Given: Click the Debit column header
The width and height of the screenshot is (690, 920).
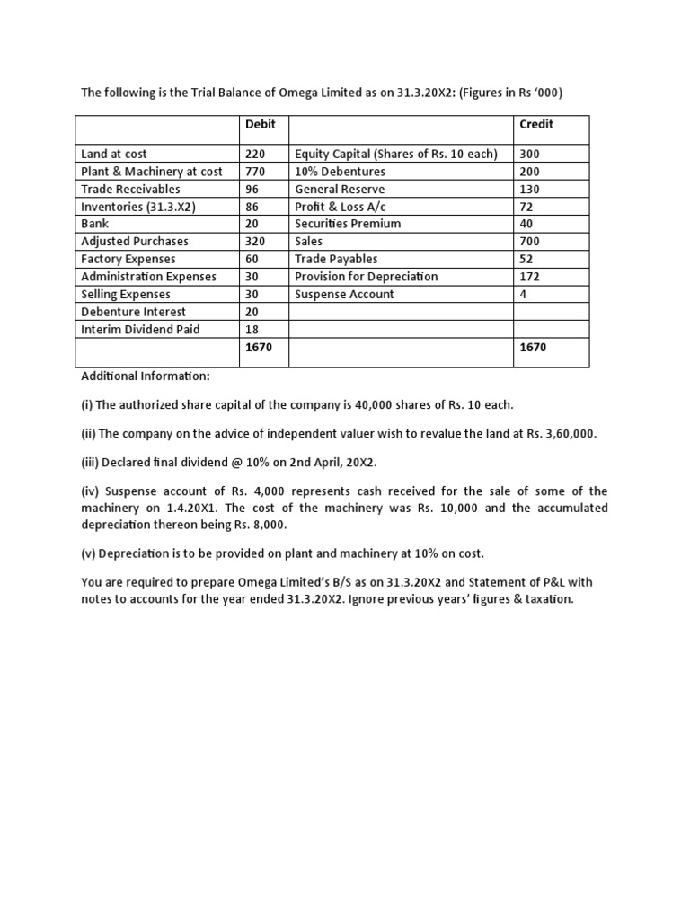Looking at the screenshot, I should [261, 124].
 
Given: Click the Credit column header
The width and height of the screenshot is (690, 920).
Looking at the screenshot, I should [536, 124].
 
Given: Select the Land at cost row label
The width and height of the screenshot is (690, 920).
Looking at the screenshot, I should [114, 154].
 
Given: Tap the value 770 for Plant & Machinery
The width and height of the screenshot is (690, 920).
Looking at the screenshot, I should [255, 171].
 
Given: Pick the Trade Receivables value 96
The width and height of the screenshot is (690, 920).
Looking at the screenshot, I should [252, 189].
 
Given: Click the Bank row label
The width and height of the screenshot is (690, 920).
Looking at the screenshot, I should [94, 224].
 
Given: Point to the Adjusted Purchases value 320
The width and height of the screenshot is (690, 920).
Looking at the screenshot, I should [255, 241].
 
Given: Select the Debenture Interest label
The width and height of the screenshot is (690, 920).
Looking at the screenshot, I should [133, 312].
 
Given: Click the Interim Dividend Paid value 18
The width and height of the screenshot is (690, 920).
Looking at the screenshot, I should [252, 329].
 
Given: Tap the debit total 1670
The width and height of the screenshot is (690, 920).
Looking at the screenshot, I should [259, 347].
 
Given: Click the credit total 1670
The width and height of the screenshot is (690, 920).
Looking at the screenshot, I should [534, 347].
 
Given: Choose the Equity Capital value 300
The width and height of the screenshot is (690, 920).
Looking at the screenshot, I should [530, 154].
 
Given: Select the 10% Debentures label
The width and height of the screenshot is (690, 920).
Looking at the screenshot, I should [340, 171].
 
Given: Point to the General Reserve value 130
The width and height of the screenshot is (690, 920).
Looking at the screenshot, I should [530, 189].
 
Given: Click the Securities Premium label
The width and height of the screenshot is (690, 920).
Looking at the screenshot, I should [348, 224].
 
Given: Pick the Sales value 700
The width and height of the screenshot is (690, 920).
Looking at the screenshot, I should [530, 241].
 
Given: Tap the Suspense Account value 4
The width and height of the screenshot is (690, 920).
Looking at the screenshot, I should [523, 294].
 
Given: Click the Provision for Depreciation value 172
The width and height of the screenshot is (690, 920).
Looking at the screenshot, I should [530, 276].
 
